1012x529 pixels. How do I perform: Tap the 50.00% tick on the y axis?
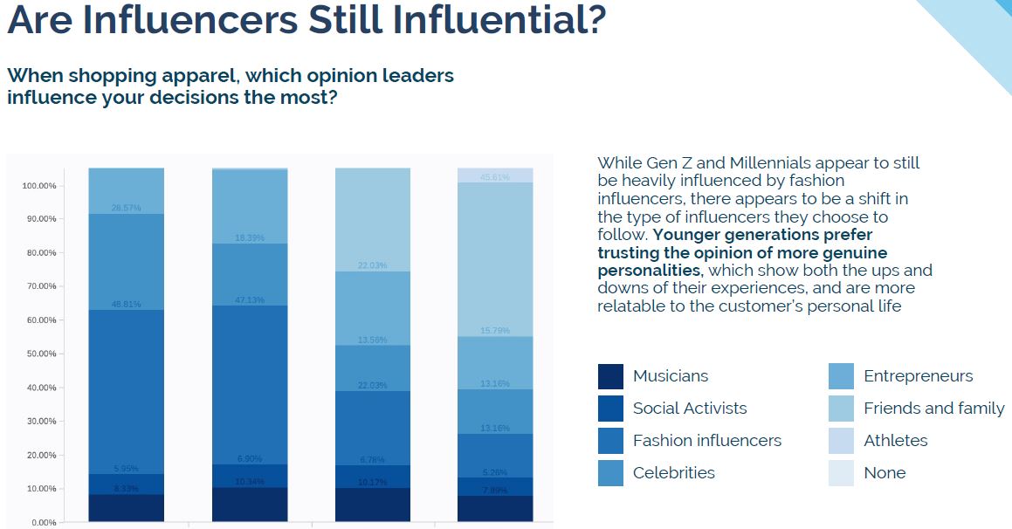(x=38, y=354)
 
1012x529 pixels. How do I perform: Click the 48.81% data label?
(x=126, y=305)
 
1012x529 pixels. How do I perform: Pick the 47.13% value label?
(x=250, y=299)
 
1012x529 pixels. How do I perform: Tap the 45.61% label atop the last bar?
(x=495, y=177)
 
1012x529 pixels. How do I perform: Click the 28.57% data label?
(x=126, y=208)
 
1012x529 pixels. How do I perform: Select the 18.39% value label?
(x=250, y=237)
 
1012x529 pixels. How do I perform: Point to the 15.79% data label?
(x=495, y=330)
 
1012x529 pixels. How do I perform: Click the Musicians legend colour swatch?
(x=610, y=376)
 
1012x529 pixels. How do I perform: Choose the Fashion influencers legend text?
(x=707, y=441)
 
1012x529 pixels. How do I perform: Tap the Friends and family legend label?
(x=933, y=409)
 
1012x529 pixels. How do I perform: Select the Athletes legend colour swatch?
(x=841, y=441)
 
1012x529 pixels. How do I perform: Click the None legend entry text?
(x=885, y=473)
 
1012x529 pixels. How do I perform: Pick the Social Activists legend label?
(x=690, y=409)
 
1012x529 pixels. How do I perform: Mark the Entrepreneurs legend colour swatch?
(x=841, y=376)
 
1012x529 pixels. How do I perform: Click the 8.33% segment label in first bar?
(x=126, y=489)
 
